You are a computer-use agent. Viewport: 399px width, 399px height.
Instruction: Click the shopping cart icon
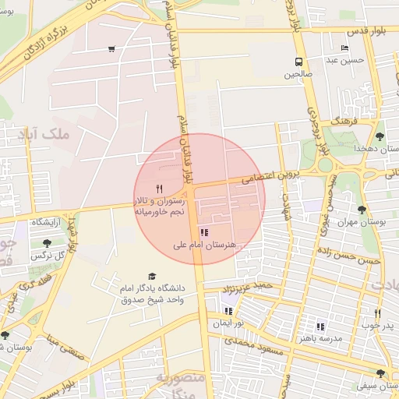coord(112,49)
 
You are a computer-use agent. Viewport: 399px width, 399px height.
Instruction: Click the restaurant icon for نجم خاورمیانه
coord(160,188)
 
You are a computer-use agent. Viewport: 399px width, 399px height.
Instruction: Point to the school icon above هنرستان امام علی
coord(204,232)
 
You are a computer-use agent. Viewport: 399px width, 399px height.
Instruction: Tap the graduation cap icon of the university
coord(152,277)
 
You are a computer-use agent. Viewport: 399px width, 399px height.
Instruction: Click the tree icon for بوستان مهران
coord(362,210)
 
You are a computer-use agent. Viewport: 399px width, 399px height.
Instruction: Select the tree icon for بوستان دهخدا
coord(380,136)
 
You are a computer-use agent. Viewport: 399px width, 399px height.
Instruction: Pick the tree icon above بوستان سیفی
coord(380,373)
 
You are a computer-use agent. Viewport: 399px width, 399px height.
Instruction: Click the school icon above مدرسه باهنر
coord(320,327)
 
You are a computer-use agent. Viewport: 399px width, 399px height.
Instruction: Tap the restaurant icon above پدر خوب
coord(378,312)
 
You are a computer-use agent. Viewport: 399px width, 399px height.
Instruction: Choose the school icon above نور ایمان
coord(228,310)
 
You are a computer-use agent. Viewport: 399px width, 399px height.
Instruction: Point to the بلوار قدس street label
coord(360,31)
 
